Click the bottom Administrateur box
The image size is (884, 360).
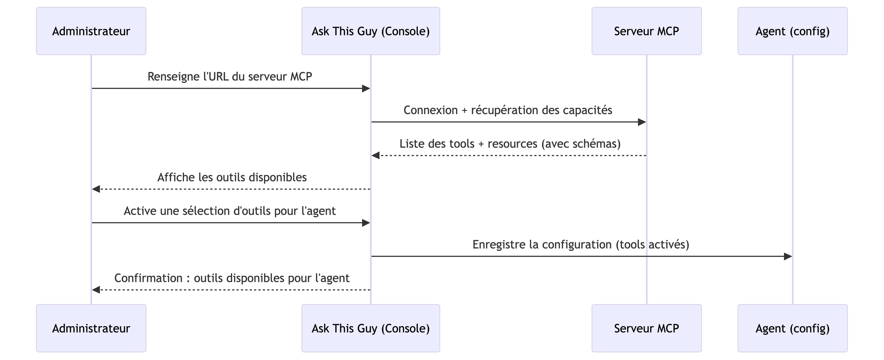pos(91,328)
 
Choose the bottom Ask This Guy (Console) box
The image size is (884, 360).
pos(371,328)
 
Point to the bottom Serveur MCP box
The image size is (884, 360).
pos(647,328)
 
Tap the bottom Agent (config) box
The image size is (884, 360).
pos(792,328)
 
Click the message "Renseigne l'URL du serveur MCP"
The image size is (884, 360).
pos(230,76)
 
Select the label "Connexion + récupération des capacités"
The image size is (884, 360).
pos(508,110)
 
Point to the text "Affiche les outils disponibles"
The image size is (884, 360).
pos(232,177)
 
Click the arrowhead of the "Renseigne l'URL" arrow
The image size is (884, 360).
pos(366,89)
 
